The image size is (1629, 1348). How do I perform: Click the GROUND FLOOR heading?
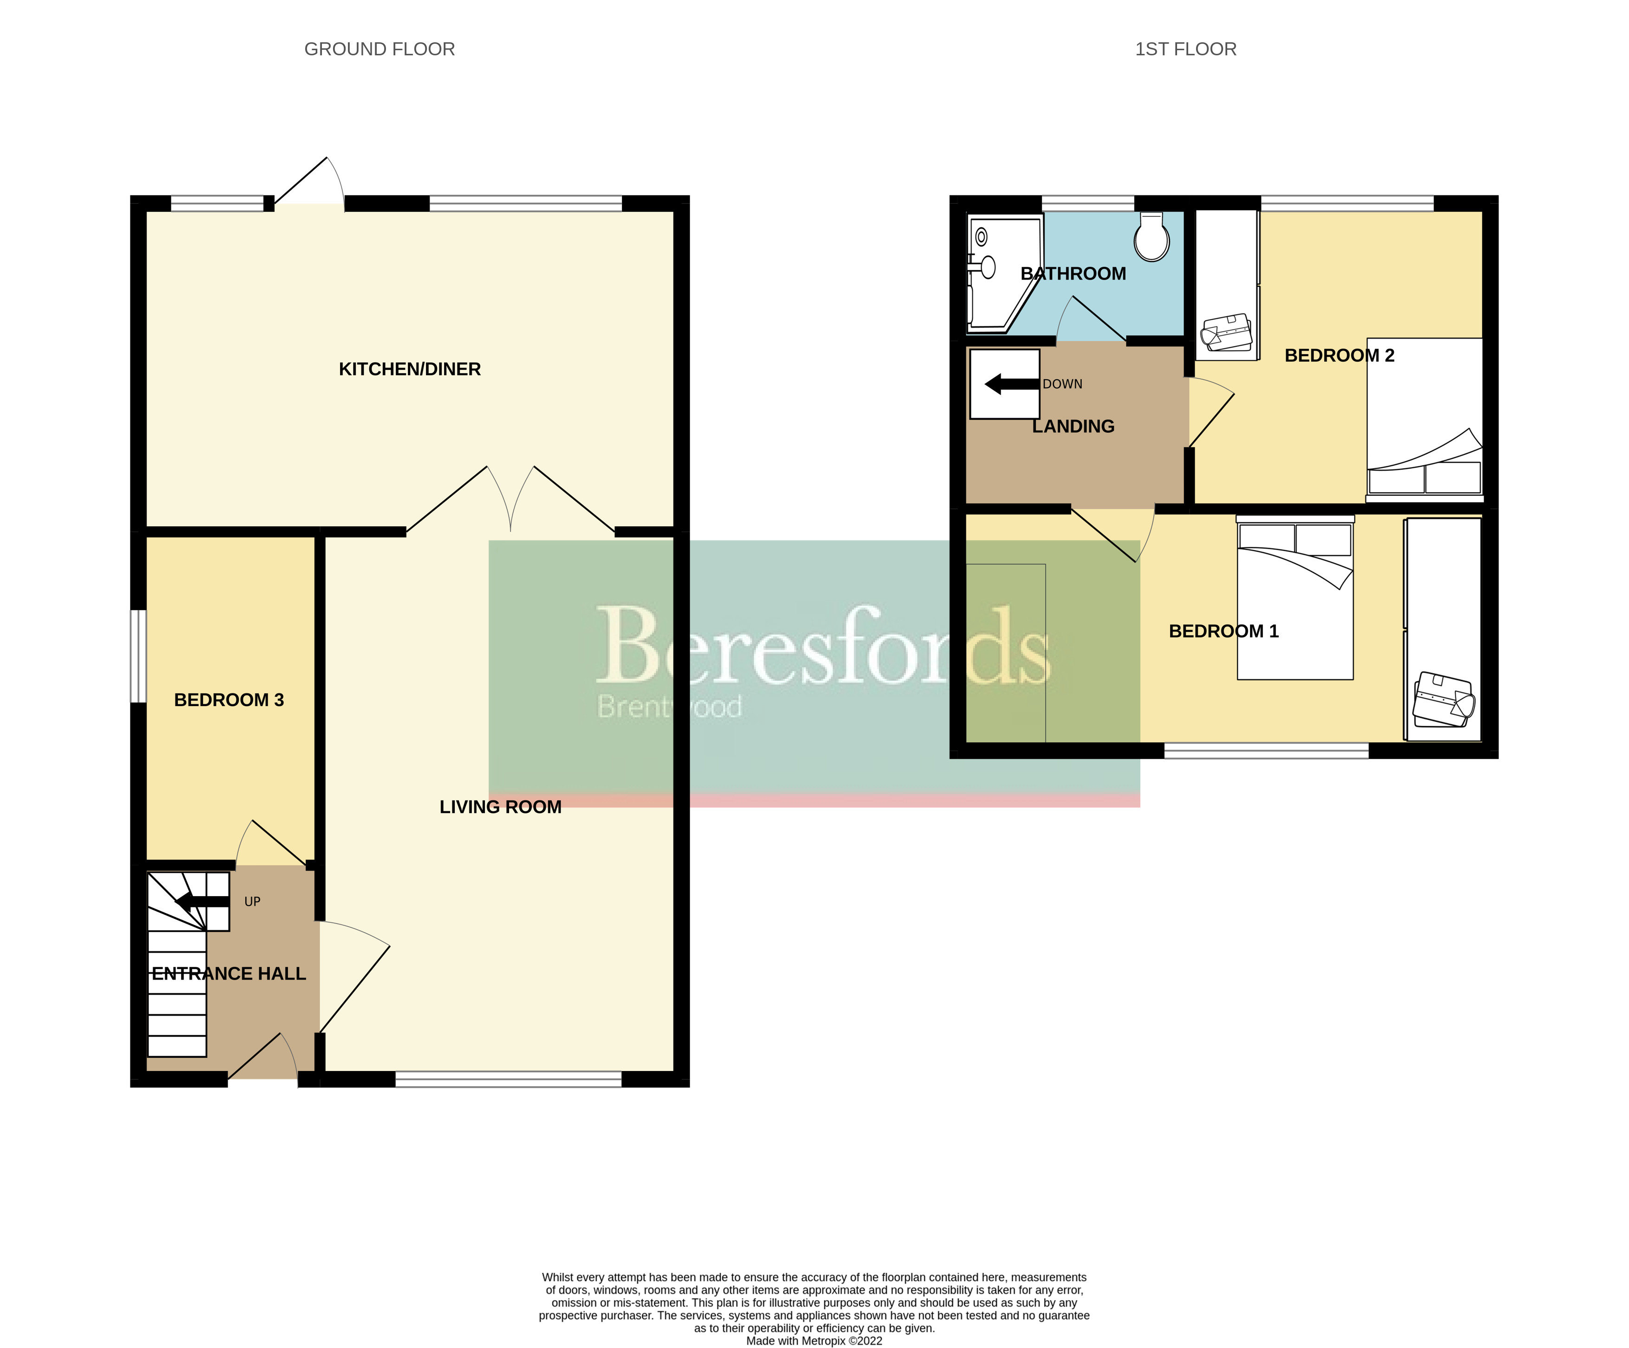(379, 49)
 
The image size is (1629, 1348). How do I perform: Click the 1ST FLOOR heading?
(1185, 49)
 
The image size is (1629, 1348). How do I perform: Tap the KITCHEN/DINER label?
(410, 370)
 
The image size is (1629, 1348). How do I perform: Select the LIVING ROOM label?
(500, 807)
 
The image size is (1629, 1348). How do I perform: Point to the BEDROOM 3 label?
(229, 700)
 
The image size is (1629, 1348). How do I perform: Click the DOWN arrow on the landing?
(1011, 383)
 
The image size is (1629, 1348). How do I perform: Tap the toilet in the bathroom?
(1151, 238)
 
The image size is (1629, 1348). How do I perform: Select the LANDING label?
(1073, 427)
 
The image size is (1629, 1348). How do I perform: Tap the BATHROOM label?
(1073, 274)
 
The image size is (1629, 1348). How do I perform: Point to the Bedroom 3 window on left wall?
(138, 656)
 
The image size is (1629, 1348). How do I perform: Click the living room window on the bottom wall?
(508, 1079)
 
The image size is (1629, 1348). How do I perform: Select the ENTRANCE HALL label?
(229, 974)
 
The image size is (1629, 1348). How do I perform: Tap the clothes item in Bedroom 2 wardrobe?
(1226, 330)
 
